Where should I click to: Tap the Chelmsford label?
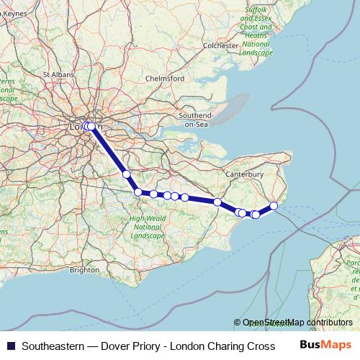166,78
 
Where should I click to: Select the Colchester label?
220,45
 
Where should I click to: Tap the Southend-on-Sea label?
197,120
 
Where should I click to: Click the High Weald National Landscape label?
147,227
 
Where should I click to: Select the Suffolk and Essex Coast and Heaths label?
256,31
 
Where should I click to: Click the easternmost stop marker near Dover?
274,206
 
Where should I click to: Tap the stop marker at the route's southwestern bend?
138,192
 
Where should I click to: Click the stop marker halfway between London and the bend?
126,174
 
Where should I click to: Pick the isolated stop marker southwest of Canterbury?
217,202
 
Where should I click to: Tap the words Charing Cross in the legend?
238,346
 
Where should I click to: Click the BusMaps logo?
325,345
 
